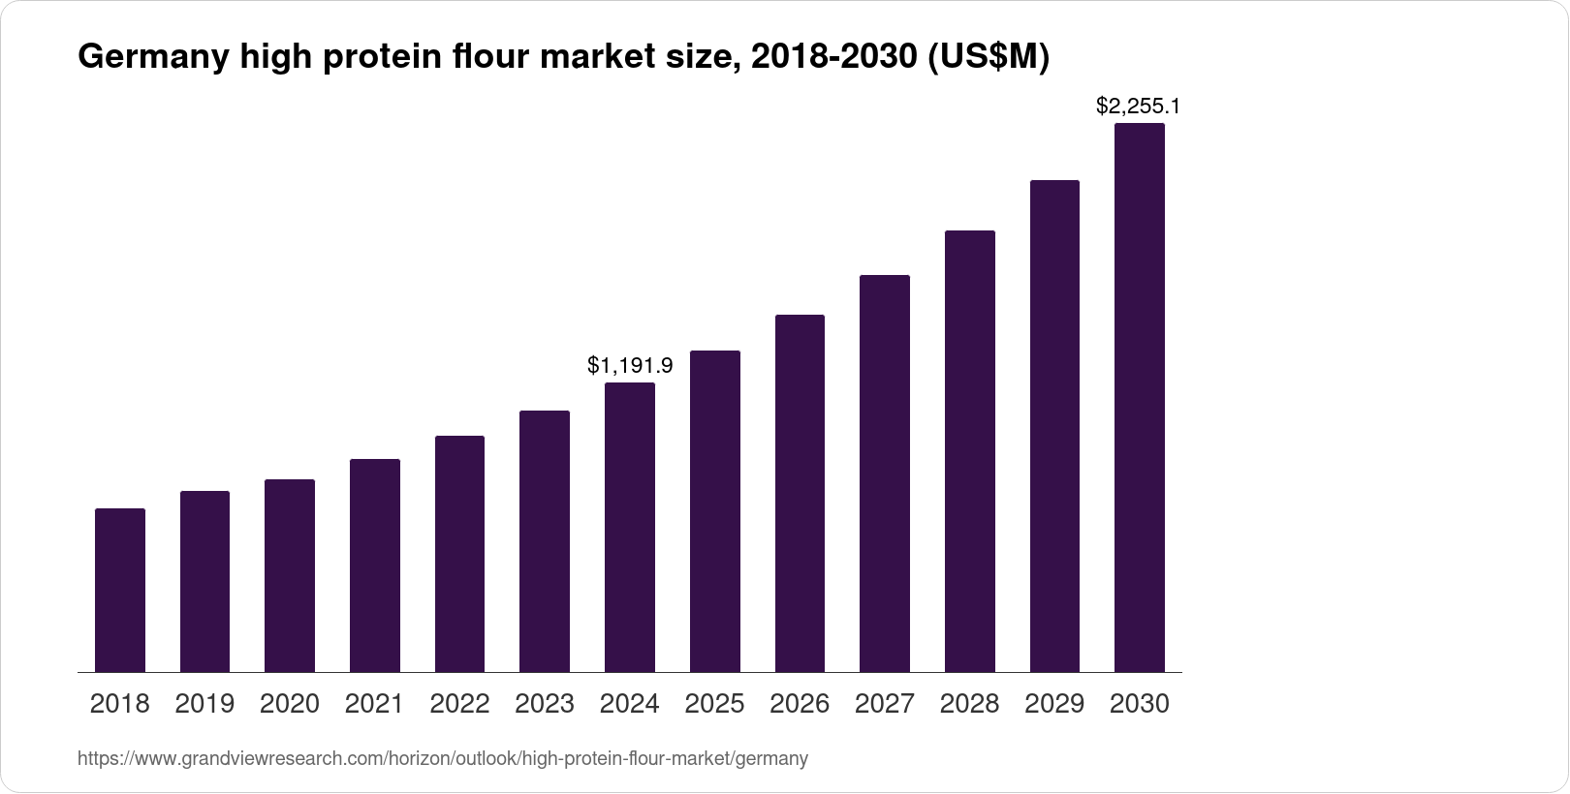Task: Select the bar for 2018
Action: (120, 590)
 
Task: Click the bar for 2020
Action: (290, 575)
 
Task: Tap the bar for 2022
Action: (459, 554)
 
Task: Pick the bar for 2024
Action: (630, 527)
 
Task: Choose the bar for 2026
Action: (800, 493)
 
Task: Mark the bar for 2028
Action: (970, 451)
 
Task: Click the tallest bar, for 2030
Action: (1140, 397)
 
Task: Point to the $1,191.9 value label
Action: (630, 366)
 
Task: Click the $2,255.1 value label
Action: (1138, 106)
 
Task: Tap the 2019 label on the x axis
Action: (204, 704)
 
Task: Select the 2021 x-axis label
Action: (374, 704)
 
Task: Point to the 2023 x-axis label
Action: (545, 704)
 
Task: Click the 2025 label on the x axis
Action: (714, 704)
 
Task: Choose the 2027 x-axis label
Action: (885, 704)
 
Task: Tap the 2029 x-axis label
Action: (1054, 704)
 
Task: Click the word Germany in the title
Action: (150, 59)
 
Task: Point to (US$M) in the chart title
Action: (989, 59)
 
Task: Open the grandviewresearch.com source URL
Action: (442, 759)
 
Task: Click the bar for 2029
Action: (1054, 426)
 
